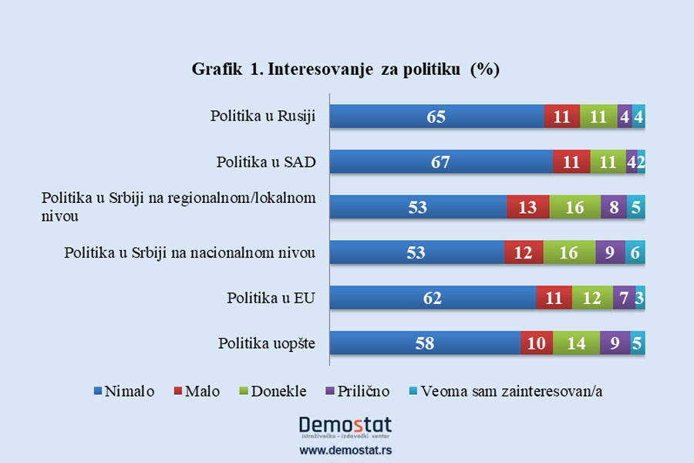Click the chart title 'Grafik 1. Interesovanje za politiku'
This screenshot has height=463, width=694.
pyautogui.click(x=346, y=69)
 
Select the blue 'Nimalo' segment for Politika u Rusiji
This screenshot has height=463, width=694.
pyautogui.click(x=436, y=117)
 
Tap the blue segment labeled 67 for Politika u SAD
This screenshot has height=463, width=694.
pyautogui.click(x=441, y=163)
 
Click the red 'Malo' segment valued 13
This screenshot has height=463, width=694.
pyautogui.click(x=528, y=208)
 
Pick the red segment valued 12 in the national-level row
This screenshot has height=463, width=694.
pyautogui.click(x=523, y=252)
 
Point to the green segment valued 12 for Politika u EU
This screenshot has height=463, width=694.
pyautogui.click(x=591, y=298)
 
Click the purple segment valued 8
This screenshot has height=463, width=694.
pyautogui.click(x=613, y=208)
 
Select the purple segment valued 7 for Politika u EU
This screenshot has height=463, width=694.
pyautogui.click(x=623, y=298)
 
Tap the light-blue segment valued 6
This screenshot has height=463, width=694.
pyautogui.click(x=635, y=252)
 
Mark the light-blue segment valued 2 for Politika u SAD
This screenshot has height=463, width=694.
pyautogui.click(x=642, y=163)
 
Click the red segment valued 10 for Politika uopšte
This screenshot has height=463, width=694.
pyautogui.click(x=536, y=343)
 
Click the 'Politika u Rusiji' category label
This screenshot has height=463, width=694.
pyautogui.click(x=263, y=117)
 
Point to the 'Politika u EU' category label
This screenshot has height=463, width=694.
pyautogui.click(x=271, y=297)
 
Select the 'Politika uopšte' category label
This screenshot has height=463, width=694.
pyautogui.click(x=265, y=342)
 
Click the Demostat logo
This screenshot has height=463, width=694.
pyautogui.click(x=345, y=428)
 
